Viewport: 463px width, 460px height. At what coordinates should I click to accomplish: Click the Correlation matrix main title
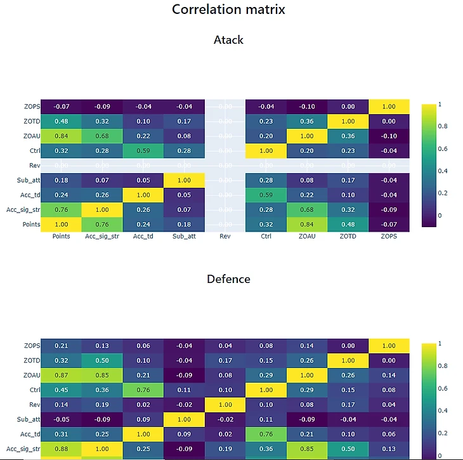228,10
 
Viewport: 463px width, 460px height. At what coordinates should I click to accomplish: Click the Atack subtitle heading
228,39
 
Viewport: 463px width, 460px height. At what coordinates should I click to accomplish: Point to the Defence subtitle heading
228,279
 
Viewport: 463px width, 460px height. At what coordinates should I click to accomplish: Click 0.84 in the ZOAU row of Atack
62,136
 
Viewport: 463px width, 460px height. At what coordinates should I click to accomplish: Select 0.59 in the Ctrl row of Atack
143,150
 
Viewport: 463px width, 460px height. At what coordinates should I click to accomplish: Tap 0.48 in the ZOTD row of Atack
62,121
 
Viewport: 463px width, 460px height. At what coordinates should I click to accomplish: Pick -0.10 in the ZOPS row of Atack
307,107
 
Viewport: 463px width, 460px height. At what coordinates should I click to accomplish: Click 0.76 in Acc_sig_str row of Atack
62,209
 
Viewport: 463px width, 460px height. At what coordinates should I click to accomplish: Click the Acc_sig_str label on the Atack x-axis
102,237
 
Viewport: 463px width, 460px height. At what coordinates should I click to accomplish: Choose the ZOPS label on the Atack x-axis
389,237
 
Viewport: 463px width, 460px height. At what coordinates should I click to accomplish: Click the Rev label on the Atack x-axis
225,237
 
